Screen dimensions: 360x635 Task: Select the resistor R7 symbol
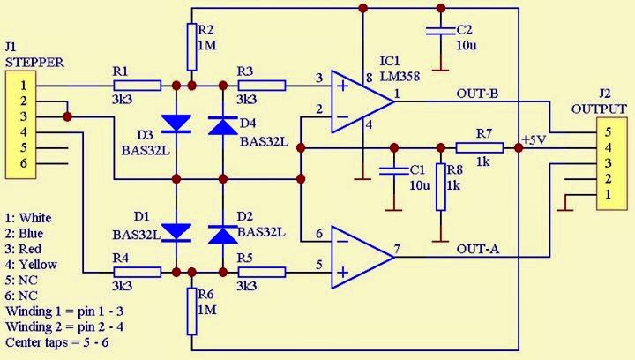tap(480, 147)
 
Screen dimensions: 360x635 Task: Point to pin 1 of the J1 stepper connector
tap(24, 86)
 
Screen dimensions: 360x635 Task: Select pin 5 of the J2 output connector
tap(608, 131)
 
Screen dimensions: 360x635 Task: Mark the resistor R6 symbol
tap(190, 304)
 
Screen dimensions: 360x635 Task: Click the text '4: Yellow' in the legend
tap(31, 264)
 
